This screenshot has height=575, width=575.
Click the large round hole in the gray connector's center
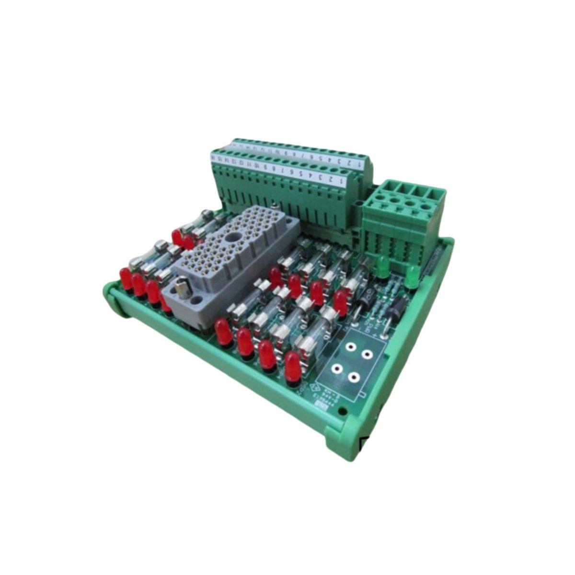(x=236, y=237)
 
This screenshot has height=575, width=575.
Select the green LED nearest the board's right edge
(x=411, y=278)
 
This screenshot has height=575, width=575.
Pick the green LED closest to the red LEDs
(x=383, y=267)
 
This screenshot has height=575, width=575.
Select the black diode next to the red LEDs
(x=360, y=305)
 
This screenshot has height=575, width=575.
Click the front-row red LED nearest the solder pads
(x=293, y=366)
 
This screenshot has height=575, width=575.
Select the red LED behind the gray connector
(x=178, y=237)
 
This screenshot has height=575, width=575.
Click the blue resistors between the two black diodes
(x=377, y=307)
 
